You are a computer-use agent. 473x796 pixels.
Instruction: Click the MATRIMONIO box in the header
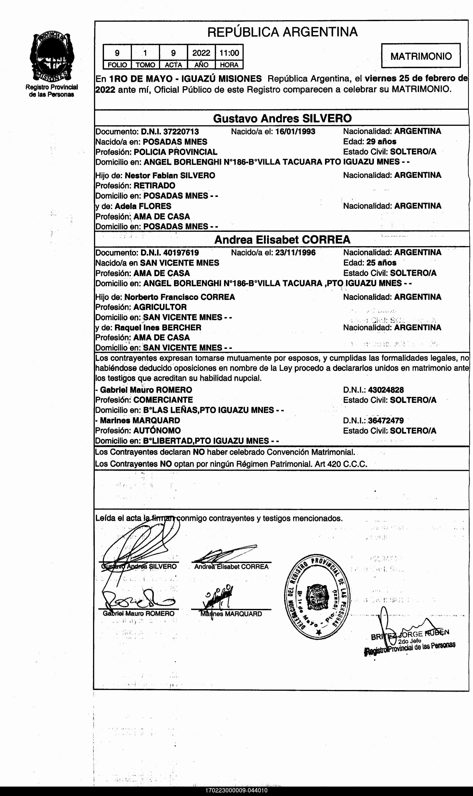[421, 56]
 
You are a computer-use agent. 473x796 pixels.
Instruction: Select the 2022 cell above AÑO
[201, 53]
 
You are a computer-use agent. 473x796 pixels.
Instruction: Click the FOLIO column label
[117, 65]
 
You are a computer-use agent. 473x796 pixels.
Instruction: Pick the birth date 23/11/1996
[295, 253]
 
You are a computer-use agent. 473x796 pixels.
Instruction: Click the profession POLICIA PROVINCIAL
[175, 152]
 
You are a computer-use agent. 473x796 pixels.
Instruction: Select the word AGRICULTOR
[160, 307]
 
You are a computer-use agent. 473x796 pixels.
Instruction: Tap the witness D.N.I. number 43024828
[386, 390]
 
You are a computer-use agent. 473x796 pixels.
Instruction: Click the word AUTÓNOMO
[157, 431]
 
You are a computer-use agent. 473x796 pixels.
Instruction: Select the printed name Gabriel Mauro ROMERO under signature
[139, 613]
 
